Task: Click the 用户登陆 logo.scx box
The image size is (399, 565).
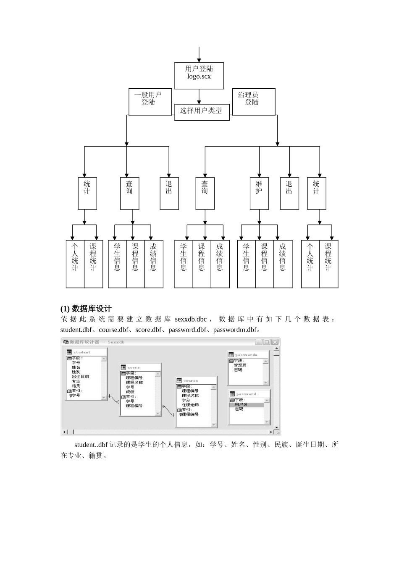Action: coord(199,76)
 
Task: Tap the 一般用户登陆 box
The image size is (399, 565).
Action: coord(148,101)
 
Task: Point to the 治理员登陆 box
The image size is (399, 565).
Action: coord(253,101)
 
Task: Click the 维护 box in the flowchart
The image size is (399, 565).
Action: coord(259,193)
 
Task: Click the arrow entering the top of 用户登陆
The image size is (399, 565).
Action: coord(199,55)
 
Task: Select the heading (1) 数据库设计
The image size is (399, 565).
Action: coord(86,309)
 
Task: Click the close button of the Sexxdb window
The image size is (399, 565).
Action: coord(275,342)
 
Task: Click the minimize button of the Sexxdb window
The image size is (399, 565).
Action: coord(258,342)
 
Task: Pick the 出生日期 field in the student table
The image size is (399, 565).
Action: coord(80,377)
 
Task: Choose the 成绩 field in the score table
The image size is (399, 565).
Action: coord(130,392)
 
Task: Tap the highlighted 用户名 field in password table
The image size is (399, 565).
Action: coord(241,405)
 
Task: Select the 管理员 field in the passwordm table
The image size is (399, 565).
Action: coord(240,365)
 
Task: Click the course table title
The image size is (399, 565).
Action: coord(191,381)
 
